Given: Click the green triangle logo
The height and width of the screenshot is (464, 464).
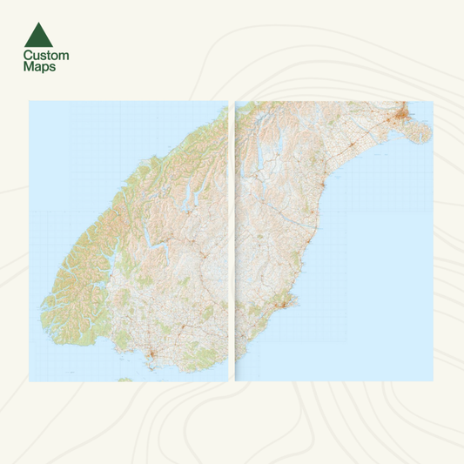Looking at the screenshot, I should pyautogui.click(x=38, y=35).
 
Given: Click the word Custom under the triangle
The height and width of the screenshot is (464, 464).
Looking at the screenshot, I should pyautogui.click(x=46, y=56).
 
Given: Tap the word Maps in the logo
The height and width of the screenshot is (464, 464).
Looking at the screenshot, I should pyautogui.click(x=40, y=66).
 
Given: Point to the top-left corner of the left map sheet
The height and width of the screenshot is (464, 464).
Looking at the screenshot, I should pyautogui.click(x=30, y=102).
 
